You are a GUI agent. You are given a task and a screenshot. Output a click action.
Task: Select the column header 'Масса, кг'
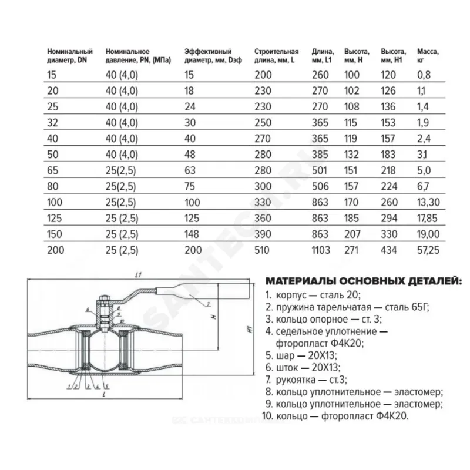(x=427, y=55)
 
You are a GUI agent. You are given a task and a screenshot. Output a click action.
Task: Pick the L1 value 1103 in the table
(x=323, y=250)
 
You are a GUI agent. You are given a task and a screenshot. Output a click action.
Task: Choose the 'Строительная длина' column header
(x=276, y=55)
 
